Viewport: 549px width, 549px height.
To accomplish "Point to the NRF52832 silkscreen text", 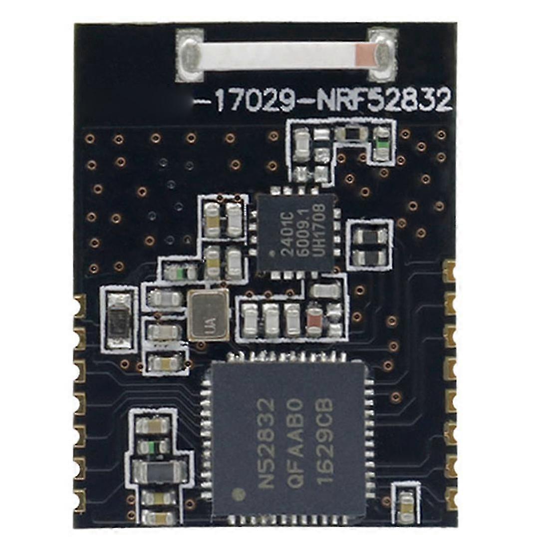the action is pos(383,100).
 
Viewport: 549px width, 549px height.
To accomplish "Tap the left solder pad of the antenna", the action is pos(190,56).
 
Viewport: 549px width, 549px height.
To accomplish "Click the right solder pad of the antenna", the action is pos(383,55).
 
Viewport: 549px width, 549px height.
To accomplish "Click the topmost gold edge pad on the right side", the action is pos(449,272).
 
